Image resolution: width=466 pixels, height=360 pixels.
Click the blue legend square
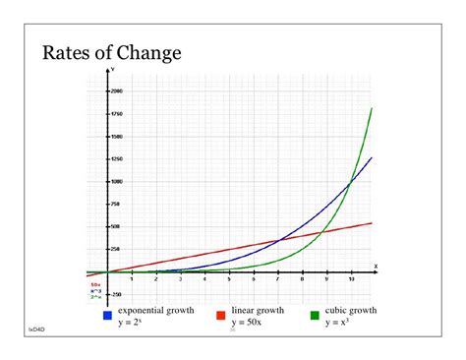[x=107, y=315]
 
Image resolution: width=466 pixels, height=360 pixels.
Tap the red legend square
[x=221, y=315]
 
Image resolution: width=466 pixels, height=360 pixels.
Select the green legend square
[x=315, y=315]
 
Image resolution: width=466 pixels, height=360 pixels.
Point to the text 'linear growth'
[x=258, y=310]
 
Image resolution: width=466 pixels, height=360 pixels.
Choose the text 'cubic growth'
[x=351, y=310]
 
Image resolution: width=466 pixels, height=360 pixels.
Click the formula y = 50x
[x=246, y=322]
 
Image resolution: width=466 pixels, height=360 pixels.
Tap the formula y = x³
[x=339, y=322]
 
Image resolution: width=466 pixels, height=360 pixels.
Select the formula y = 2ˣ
[x=132, y=322]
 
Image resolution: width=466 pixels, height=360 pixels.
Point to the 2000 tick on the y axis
[x=116, y=90]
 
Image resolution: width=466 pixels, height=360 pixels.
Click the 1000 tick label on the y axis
[x=116, y=181]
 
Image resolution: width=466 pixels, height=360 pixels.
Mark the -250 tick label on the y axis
[x=116, y=294]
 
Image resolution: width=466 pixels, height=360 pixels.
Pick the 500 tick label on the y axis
[x=117, y=226]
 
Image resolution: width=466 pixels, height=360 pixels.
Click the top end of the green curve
[x=372, y=108]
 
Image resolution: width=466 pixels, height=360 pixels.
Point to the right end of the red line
[x=372, y=223]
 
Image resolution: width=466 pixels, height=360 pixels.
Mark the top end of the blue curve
[x=372, y=157]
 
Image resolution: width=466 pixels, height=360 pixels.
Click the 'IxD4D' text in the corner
[x=35, y=330]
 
